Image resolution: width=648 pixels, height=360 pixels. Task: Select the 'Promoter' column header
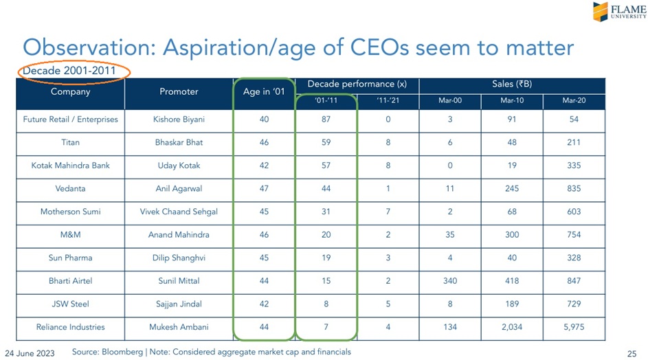(x=179, y=91)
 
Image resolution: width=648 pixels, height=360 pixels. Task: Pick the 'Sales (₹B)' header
(x=512, y=84)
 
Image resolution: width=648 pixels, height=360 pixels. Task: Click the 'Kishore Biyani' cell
(x=179, y=120)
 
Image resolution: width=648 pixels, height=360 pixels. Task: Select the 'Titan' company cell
(x=71, y=142)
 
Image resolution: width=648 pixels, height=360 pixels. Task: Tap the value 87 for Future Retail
(x=326, y=120)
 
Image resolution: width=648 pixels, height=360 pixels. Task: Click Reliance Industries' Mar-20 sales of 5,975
(x=574, y=327)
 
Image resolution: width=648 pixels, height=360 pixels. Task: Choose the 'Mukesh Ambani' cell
(x=179, y=327)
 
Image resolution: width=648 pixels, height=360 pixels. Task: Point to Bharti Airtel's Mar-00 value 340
(x=450, y=281)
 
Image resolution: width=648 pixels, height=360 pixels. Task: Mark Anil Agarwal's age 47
(x=265, y=188)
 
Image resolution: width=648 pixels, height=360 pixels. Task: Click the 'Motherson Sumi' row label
(x=71, y=212)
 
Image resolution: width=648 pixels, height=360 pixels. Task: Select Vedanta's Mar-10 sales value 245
(x=512, y=188)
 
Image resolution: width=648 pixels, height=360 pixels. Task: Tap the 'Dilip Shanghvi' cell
(x=179, y=258)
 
